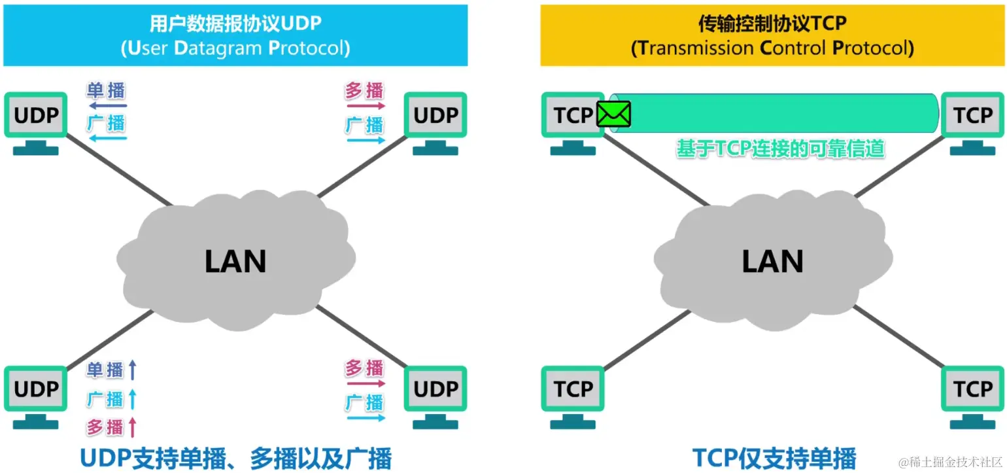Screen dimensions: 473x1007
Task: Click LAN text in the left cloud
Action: [235, 262]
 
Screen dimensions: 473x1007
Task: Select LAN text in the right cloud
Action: [772, 262]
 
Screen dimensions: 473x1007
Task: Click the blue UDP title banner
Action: [235, 35]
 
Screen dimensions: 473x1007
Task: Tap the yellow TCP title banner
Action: [772, 35]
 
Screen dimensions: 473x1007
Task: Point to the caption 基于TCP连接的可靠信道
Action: [780, 149]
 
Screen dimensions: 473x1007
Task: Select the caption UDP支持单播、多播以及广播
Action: [235, 458]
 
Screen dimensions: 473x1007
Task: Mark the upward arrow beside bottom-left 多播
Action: [133, 428]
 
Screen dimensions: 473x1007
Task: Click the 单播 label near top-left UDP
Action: [106, 90]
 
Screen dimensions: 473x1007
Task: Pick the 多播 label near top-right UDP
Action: [364, 90]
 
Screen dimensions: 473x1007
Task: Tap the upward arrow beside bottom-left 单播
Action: [133, 370]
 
